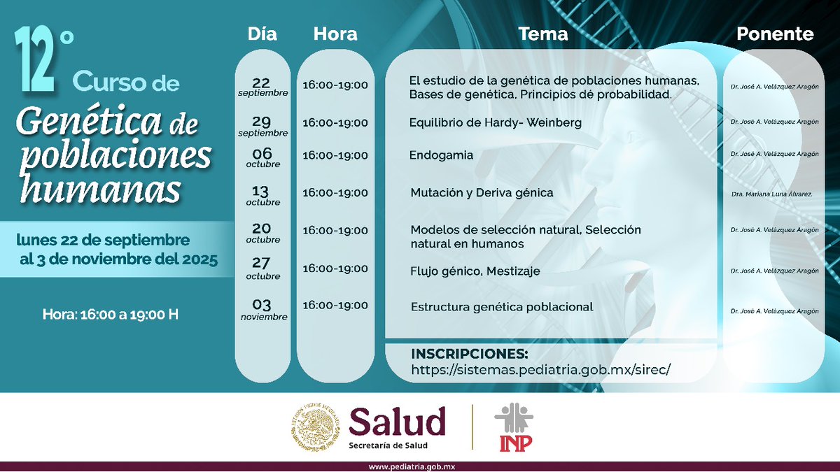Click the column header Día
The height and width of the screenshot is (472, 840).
[x=262, y=34]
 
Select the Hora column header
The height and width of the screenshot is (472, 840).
[x=335, y=34]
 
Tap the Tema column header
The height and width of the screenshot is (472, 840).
[x=543, y=34]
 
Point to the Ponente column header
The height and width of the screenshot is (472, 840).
[x=775, y=34]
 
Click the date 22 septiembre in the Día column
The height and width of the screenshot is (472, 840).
[x=262, y=87]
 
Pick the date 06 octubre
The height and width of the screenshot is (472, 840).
[x=262, y=157]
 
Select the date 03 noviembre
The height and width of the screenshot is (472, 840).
[x=262, y=309]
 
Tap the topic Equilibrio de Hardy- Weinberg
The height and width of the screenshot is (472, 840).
[x=496, y=123]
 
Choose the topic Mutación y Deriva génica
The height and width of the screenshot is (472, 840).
[x=482, y=192]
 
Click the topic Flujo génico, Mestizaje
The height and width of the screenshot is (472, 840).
[x=475, y=271]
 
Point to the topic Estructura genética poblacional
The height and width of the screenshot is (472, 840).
[x=502, y=306]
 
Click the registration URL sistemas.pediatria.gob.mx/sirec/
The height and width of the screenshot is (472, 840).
[x=541, y=369]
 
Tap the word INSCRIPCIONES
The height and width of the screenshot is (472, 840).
[x=469, y=352]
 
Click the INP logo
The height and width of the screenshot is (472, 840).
[x=514, y=428]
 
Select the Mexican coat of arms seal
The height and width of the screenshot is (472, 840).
[x=314, y=428]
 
